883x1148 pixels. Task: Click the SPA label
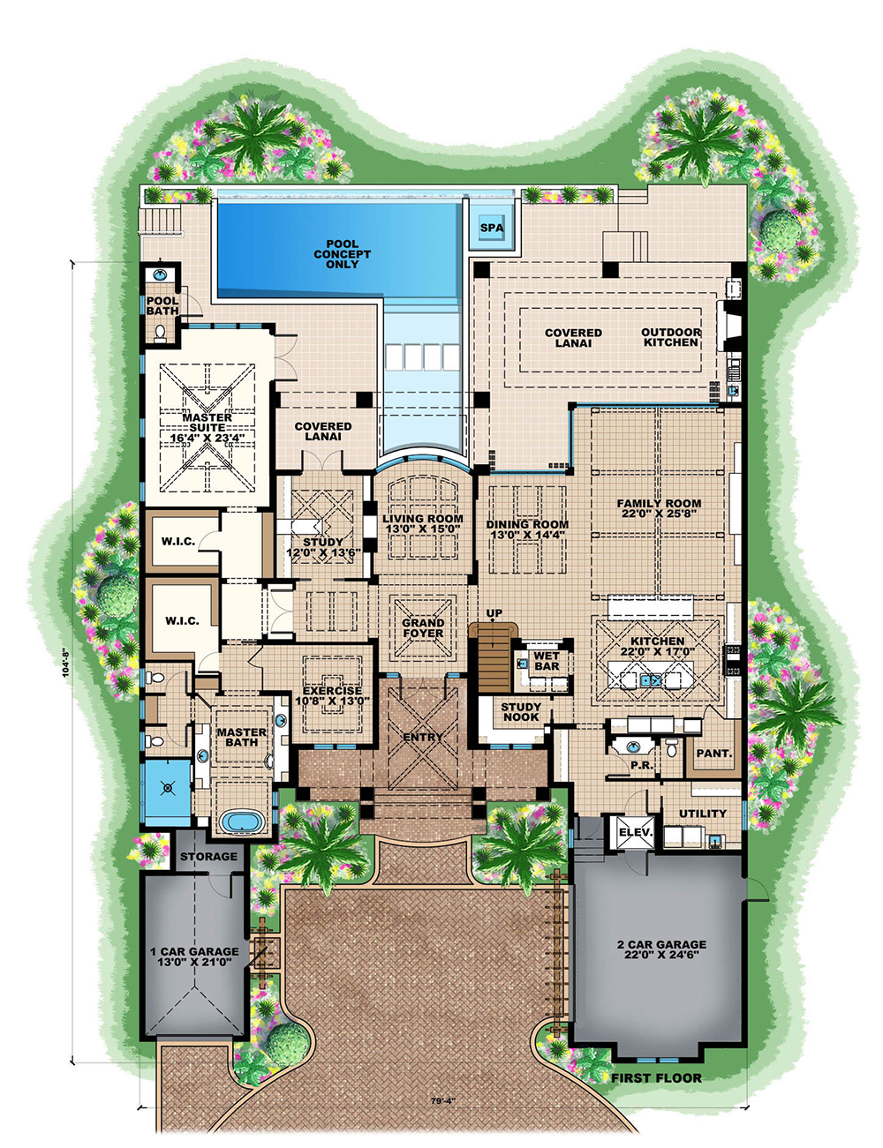492,229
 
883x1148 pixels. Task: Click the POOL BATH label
162,306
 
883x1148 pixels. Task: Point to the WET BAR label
547,661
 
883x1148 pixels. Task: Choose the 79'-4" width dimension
443,1116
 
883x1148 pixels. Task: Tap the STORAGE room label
208,857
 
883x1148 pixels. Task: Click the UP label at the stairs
494,613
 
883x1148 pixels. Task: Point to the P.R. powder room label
642,764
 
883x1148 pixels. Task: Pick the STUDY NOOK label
520,711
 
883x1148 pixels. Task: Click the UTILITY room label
702,813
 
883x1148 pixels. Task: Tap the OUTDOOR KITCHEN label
670,337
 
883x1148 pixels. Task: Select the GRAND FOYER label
423,628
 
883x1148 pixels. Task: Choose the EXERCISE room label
332,696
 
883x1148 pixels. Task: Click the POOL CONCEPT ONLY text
342,254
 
